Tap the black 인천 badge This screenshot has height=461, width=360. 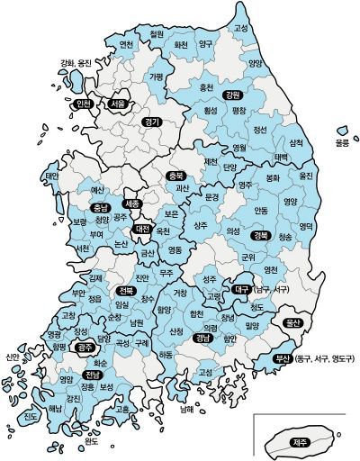(86, 104)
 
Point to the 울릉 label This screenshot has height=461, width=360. (342, 142)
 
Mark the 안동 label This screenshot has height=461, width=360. (261, 211)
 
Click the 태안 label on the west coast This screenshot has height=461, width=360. (51, 176)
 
